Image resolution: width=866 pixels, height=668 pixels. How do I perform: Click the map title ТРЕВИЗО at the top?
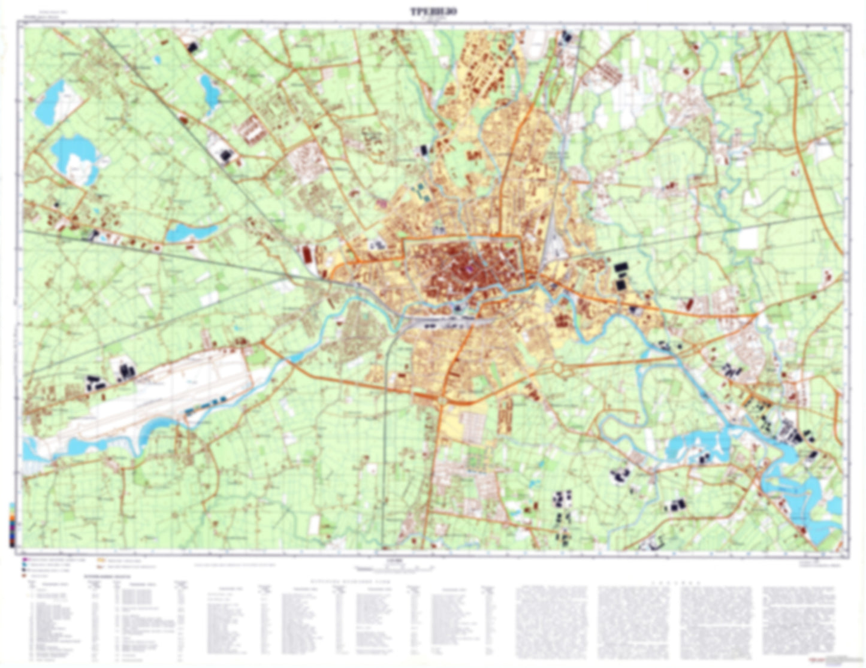click(x=433, y=10)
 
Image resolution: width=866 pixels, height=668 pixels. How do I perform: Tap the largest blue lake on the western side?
click(x=75, y=157)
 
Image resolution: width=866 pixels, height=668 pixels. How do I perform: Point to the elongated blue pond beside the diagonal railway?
click(x=191, y=232)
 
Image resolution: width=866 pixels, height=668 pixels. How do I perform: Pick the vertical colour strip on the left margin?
click(x=12, y=524)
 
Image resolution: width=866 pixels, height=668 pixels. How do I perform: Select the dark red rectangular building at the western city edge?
click(x=307, y=255)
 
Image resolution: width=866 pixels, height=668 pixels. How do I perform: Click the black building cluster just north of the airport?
click(x=126, y=370)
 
